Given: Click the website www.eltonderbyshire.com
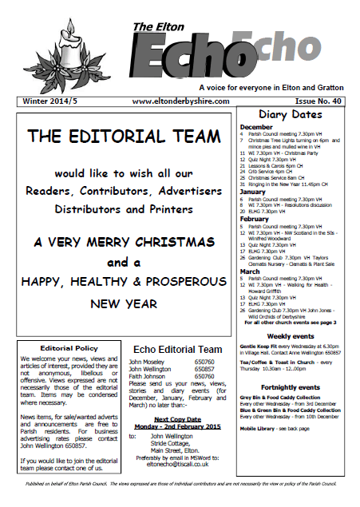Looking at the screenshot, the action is click(x=180, y=101).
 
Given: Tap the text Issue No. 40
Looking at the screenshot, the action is click(x=316, y=101).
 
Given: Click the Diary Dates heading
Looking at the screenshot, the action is click(x=295, y=116).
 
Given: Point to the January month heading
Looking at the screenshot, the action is click(x=252, y=192).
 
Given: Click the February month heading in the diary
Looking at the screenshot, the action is click(x=255, y=218).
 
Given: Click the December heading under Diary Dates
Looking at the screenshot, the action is click(x=256, y=127).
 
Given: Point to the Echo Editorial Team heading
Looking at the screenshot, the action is click(x=176, y=349).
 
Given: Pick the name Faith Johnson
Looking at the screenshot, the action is click(x=149, y=375).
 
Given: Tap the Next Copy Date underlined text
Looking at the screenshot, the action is click(x=176, y=418).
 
